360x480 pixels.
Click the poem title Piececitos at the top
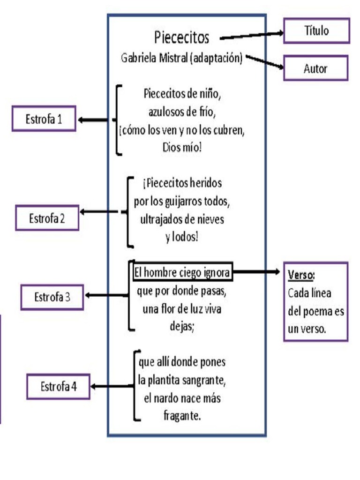(182, 37)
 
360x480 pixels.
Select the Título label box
(317, 31)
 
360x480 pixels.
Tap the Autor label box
(315, 68)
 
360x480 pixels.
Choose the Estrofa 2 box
(47, 218)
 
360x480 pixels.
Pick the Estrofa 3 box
(52, 297)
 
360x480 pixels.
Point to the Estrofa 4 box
(58, 387)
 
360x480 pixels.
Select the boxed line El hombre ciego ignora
(182, 272)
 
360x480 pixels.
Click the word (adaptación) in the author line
(216, 58)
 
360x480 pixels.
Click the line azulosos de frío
(182, 112)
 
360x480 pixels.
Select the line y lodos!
(182, 237)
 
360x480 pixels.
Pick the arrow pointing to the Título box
(252, 36)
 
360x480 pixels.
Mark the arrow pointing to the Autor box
(265, 62)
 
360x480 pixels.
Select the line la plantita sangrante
(182, 381)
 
